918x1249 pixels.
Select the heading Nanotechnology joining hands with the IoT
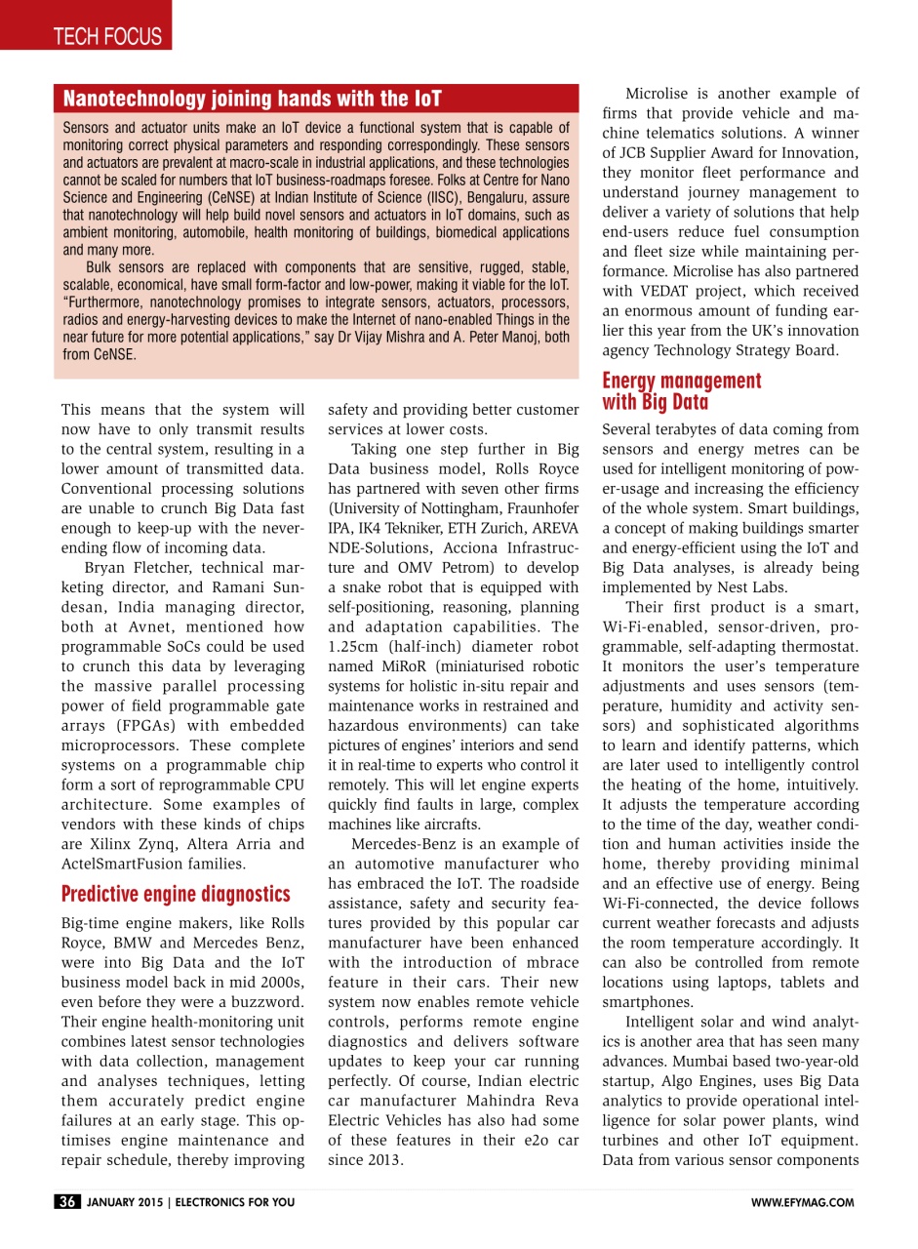click(252, 99)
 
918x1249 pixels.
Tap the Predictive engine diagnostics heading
click(176, 895)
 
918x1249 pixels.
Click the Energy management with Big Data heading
click(681, 390)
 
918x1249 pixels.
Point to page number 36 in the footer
click(67, 1202)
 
